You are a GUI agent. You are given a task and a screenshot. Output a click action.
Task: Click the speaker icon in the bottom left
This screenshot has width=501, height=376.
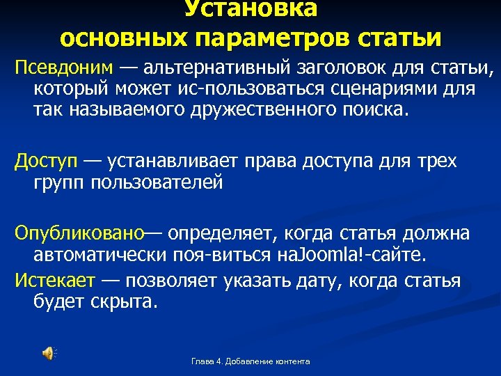[x=48, y=353]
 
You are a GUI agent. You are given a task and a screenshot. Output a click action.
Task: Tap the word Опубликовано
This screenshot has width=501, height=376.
[x=79, y=233]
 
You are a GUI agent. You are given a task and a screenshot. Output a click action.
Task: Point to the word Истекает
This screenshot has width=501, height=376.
[x=55, y=281]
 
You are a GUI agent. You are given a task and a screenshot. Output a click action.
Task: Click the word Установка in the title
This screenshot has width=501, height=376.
[x=250, y=9]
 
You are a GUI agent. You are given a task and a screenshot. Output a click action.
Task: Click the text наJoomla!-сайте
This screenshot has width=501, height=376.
[x=362, y=254]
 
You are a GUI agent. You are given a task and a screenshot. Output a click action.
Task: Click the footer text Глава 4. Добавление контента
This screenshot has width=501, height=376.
[x=250, y=361]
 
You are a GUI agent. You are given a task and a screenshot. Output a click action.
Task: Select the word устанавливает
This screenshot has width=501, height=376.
[x=184, y=162]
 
